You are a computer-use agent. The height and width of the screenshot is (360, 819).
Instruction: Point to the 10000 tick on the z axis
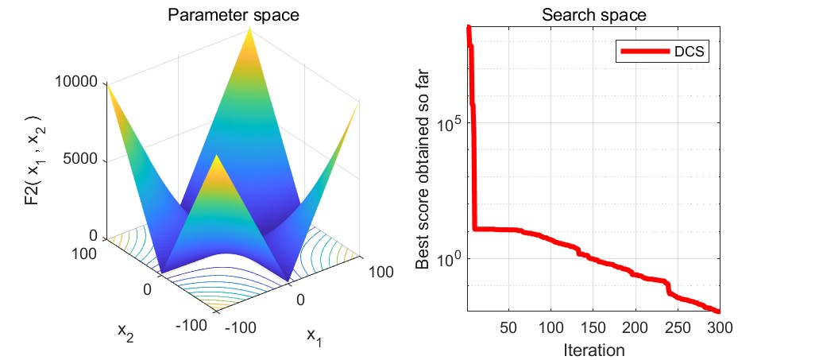[78, 82]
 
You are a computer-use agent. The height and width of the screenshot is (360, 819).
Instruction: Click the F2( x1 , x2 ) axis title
[33, 159]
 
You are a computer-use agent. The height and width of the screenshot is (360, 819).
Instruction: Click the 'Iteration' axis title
[593, 350]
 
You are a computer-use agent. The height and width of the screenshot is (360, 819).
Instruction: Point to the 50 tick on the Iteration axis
[509, 328]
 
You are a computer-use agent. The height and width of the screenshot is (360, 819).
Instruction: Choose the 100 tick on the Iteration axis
[551, 328]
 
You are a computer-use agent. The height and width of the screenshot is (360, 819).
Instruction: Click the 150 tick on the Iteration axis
[593, 328]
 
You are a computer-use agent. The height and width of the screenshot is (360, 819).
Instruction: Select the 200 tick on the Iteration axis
[635, 328]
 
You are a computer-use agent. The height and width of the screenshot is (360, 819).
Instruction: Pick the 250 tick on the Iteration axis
[678, 328]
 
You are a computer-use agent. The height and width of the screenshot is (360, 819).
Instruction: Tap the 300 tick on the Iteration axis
[719, 328]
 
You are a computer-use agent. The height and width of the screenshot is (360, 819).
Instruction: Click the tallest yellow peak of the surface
[250, 30]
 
